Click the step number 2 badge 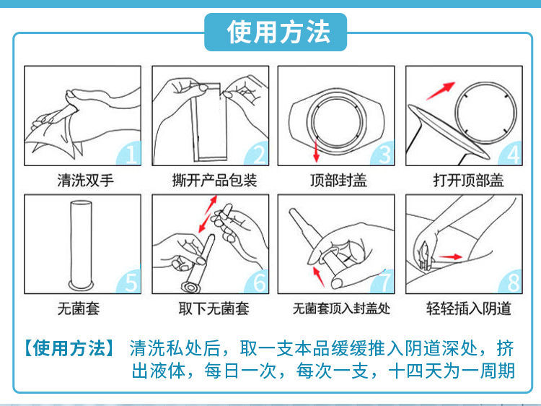(x=258, y=153)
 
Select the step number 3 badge (x=384, y=153)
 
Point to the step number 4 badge (x=511, y=153)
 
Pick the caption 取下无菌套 (x=214, y=309)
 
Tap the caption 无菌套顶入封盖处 (x=340, y=309)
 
